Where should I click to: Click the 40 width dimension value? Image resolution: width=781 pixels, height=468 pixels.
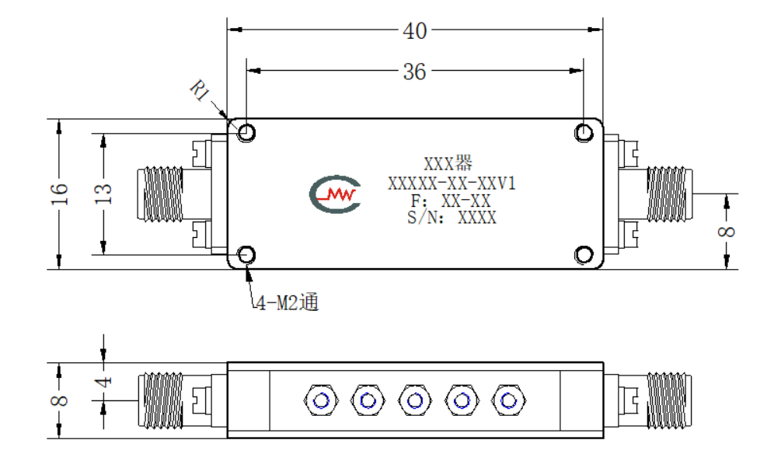[414, 31]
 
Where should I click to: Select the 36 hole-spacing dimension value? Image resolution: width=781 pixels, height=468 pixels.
[414, 72]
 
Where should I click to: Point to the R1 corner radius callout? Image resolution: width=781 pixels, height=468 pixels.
[200, 90]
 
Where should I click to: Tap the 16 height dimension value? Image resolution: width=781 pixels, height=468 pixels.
[59, 194]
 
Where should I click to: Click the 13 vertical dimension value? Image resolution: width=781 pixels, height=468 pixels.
[103, 194]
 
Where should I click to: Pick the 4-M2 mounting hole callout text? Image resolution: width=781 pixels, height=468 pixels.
[288, 302]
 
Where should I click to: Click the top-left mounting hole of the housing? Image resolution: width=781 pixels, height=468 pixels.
[246, 133]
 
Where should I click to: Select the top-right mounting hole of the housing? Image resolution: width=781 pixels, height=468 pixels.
[584, 133]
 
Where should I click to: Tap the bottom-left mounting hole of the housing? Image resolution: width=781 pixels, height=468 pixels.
[246, 255]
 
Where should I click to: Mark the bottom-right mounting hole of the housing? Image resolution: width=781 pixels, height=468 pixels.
[584, 255]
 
